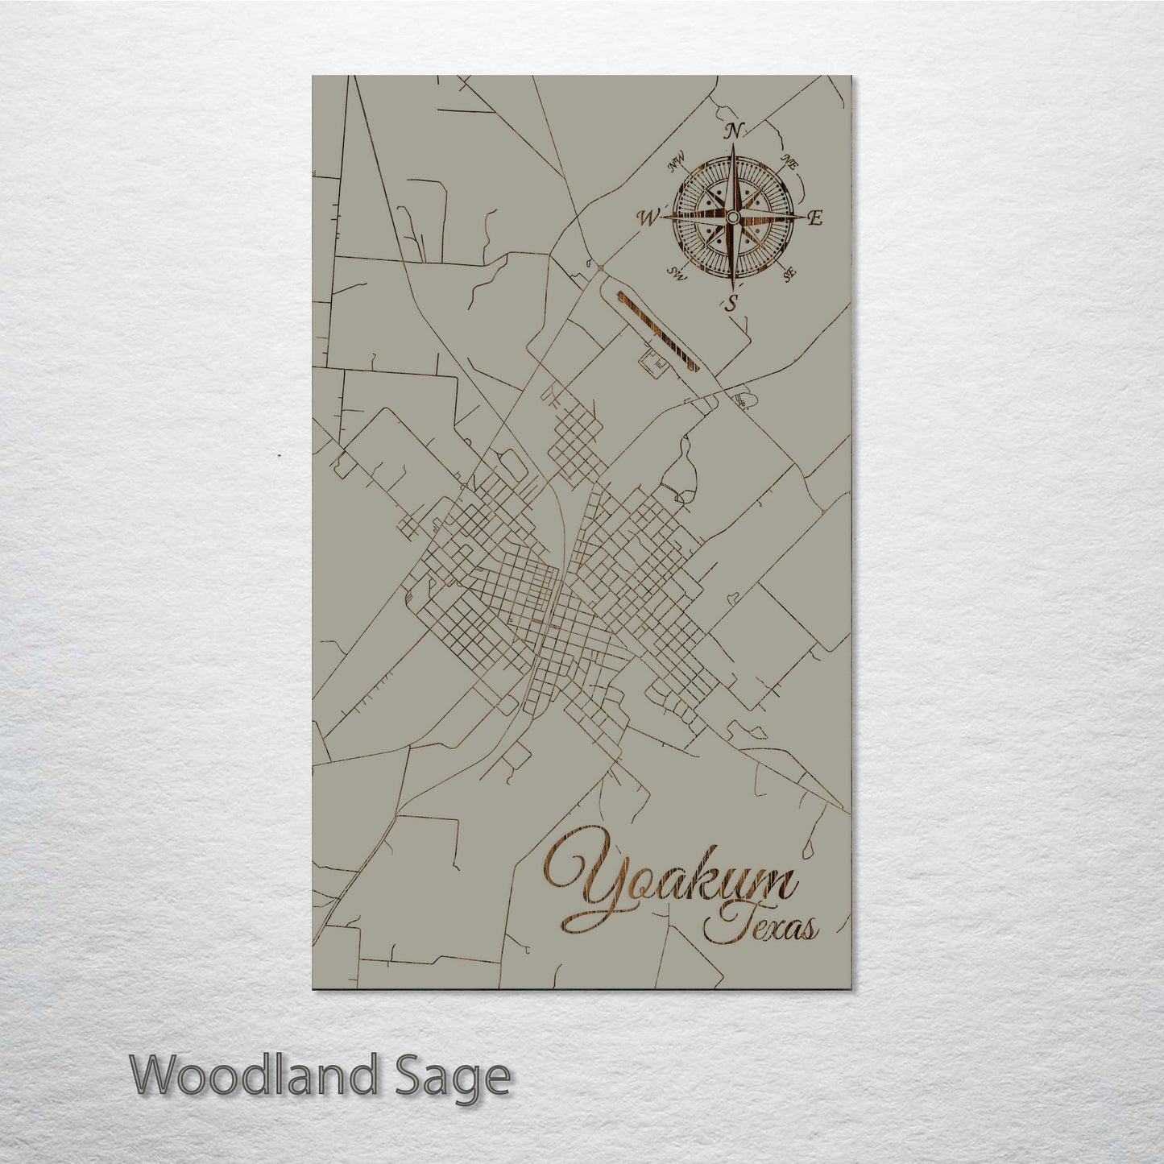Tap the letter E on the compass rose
pos(814,217)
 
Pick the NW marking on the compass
pos(676,166)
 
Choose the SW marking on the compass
pos(677,275)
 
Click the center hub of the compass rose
pos(731,217)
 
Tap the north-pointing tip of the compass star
pos(732,150)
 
